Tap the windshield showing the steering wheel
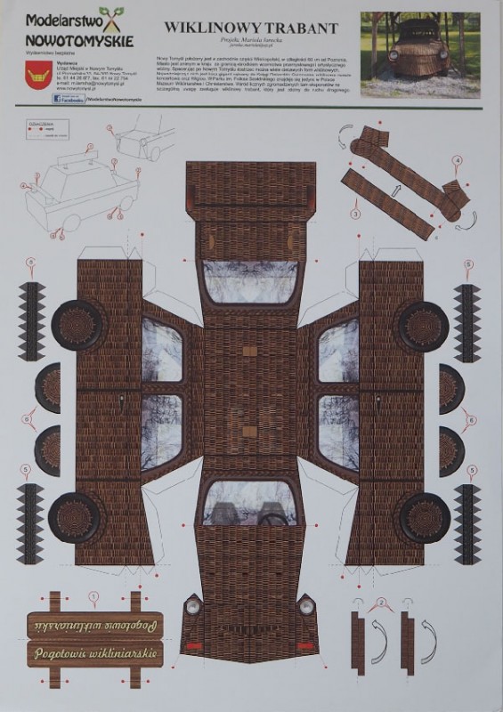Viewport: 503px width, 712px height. pos(250,505)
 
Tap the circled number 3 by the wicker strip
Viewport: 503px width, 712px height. pos(355,214)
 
